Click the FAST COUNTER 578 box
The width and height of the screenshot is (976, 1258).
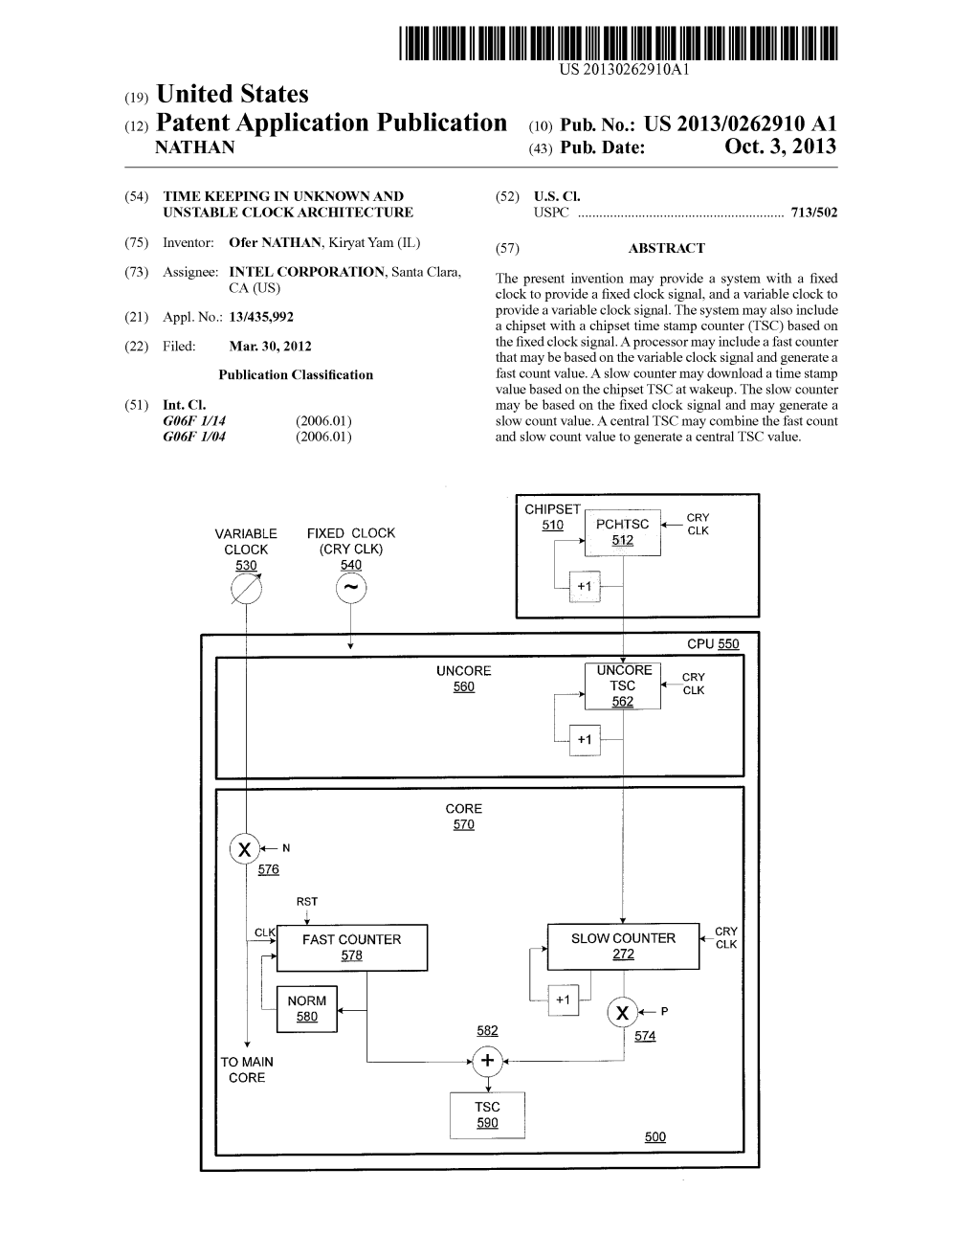pyautogui.click(x=351, y=947)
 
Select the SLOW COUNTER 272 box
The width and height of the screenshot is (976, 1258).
pyautogui.click(x=623, y=946)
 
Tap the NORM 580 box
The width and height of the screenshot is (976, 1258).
pyautogui.click(x=306, y=1008)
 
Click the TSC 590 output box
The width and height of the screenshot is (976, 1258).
pyautogui.click(x=487, y=1114)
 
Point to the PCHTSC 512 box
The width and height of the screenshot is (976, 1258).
pyautogui.click(x=622, y=531)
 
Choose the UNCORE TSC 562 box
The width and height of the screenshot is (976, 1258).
pyautogui.click(x=622, y=685)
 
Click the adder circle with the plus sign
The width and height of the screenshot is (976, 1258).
pyautogui.click(x=487, y=1060)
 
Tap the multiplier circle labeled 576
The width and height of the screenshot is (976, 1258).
pyautogui.click(x=245, y=848)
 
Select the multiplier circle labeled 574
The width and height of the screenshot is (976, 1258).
pyautogui.click(x=623, y=1012)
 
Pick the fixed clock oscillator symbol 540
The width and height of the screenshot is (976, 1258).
pyautogui.click(x=351, y=589)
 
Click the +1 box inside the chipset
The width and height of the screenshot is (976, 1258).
pyautogui.click(x=585, y=586)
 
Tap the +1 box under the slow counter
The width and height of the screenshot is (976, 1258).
pyautogui.click(x=563, y=1000)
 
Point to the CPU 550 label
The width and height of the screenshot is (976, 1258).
pyautogui.click(x=713, y=644)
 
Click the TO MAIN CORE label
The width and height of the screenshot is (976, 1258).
pyautogui.click(x=247, y=1069)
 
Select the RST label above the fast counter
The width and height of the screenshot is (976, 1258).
pyautogui.click(x=306, y=902)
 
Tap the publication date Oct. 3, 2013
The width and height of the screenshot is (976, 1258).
pyautogui.click(x=780, y=147)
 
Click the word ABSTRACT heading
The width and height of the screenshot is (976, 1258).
pyautogui.click(x=666, y=248)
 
